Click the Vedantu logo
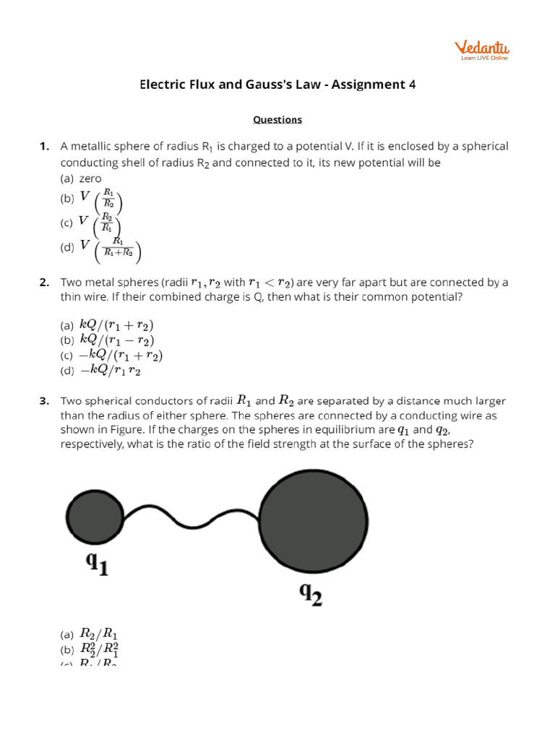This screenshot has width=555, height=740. click(x=481, y=50)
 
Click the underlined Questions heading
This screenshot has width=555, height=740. click(x=277, y=119)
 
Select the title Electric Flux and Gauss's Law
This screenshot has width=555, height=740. click(x=236, y=85)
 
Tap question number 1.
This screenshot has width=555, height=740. click(x=44, y=147)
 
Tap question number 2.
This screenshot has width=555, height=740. click(x=44, y=283)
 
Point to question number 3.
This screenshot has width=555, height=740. click(x=44, y=401)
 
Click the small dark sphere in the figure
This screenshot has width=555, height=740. click(x=95, y=516)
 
